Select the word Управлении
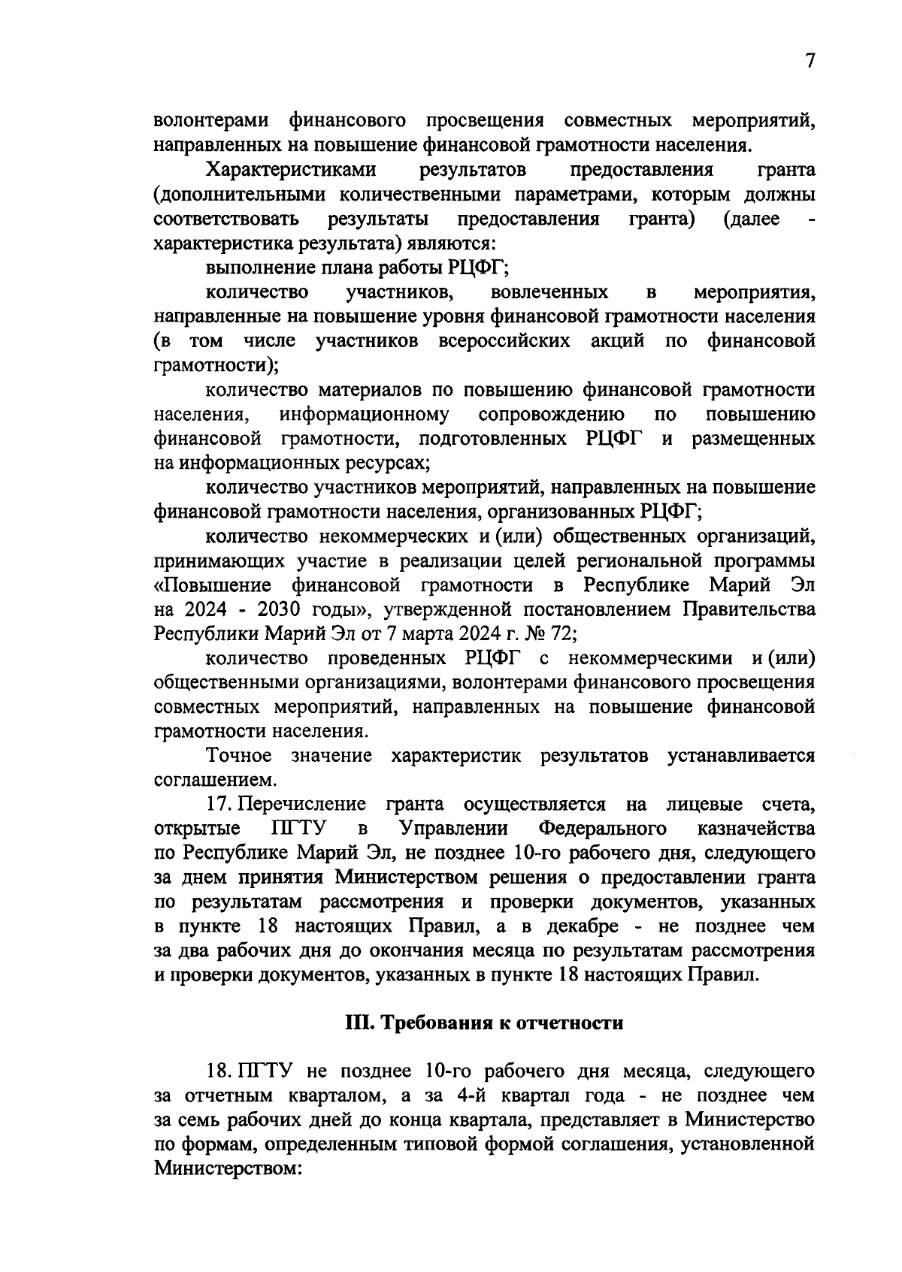(454, 829)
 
